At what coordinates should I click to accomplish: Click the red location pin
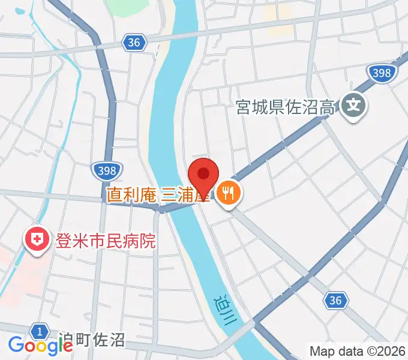(203, 175)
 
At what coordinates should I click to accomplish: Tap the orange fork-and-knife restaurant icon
(228, 193)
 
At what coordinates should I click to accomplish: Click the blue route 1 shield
(40, 331)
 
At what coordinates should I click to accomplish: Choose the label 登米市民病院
(105, 242)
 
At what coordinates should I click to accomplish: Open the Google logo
(40, 346)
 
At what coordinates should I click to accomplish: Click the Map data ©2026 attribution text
(358, 351)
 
